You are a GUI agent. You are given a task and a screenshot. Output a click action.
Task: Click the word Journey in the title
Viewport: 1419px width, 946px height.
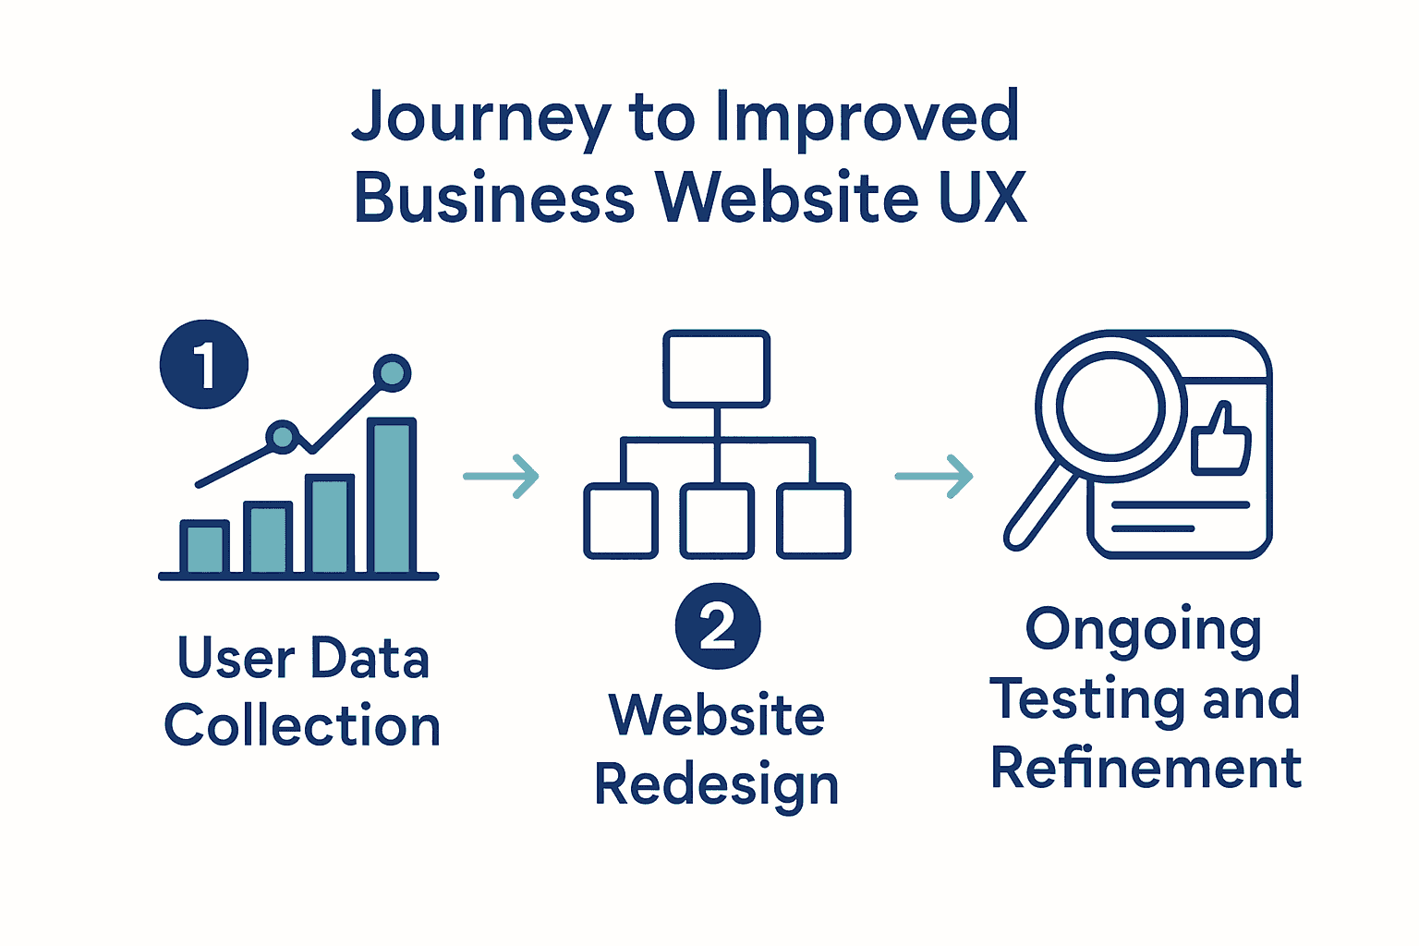click(480, 118)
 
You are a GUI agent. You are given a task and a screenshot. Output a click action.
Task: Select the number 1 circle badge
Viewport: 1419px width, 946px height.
click(204, 364)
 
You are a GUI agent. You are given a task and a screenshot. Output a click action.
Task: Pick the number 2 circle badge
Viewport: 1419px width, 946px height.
click(718, 626)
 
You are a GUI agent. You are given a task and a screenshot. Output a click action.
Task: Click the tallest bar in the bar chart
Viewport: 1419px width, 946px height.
click(392, 496)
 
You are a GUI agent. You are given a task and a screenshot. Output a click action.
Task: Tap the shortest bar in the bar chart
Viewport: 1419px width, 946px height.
click(204, 548)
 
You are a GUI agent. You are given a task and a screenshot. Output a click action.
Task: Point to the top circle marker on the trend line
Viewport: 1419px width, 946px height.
click(393, 372)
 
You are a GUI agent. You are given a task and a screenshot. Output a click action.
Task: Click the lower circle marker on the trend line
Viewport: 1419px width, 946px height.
click(283, 436)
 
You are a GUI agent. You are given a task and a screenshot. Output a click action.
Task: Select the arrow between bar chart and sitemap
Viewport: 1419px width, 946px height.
click(502, 477)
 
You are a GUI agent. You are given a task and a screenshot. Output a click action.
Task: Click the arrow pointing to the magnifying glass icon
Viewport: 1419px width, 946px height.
click(934, 477)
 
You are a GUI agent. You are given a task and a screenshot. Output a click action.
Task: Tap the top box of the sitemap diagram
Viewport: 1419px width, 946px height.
click(716, 369)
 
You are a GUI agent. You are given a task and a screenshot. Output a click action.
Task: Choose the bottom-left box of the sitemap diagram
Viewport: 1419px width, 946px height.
click(621, 521)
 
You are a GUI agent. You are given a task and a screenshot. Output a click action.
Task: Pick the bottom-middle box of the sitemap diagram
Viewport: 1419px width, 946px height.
click(717, 521)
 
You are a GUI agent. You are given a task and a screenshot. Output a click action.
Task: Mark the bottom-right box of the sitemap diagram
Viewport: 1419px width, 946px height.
click(813, 521)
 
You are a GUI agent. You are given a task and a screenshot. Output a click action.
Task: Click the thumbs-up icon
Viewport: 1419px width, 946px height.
click(1221, 440)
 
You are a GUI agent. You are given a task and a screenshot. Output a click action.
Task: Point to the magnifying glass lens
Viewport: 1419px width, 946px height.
click(1110, 406)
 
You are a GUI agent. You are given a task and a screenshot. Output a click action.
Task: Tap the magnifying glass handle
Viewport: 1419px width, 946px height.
click(1039, 507)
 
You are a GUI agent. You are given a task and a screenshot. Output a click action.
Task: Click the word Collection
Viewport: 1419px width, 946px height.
click(302, 725)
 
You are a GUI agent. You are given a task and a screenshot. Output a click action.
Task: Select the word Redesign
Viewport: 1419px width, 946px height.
click(716, 785)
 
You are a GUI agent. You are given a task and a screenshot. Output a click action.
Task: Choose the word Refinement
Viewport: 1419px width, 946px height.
click(1146, 769)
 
